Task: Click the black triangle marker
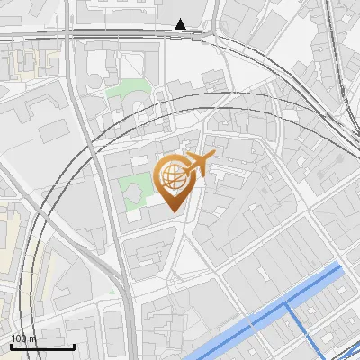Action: (181, 24)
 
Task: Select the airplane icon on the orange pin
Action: (196, 164)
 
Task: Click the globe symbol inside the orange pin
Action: (172, 177)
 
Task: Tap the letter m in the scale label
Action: (33, 338)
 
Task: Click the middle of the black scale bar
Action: (42, 346)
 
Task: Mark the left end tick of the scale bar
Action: (12, 346)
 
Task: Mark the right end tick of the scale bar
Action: (74, 346)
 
